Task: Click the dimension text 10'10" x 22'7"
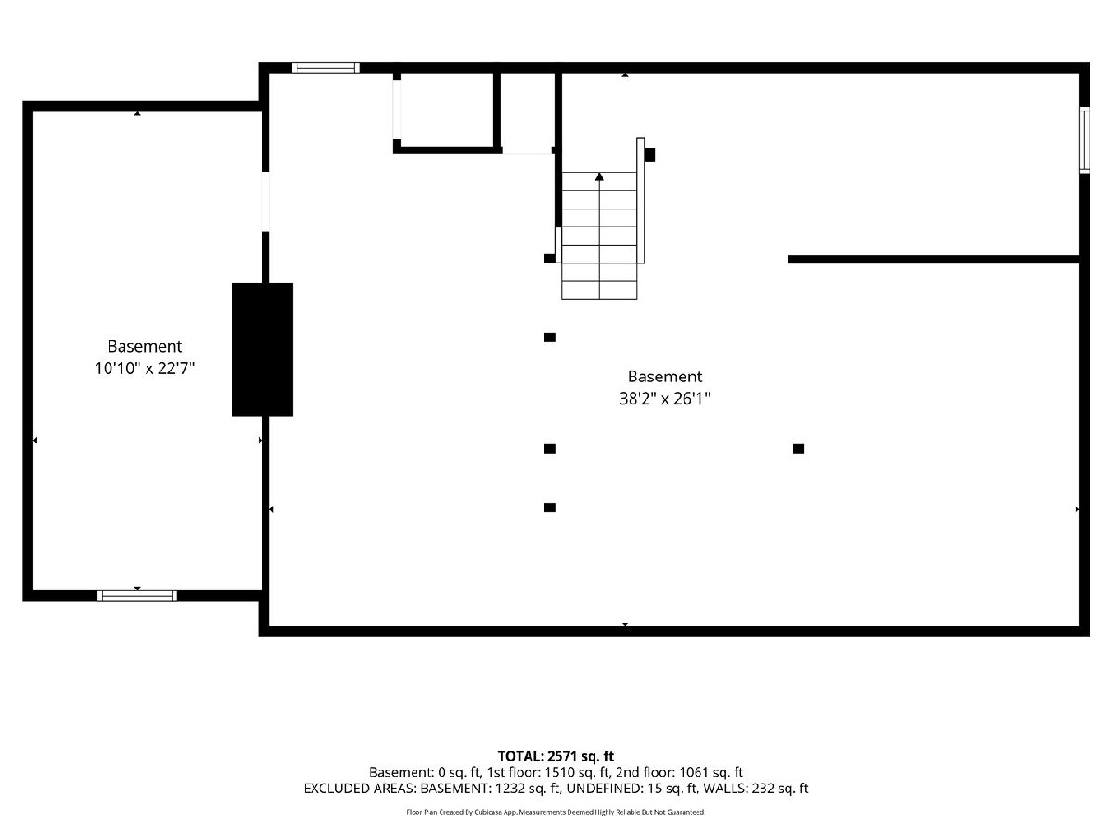(x=145, y=367)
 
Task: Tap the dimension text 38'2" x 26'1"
(x=664, y=398)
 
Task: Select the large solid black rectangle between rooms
(x=262, y=350)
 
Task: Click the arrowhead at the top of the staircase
(x=599, y=176)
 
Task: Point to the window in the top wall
(x=326, y=68)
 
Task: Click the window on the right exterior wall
(x=1083, y=140)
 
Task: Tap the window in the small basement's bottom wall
(x=137, y=596)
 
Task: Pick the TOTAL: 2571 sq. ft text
(x=556, y=756)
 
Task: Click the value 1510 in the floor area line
(x=559, y=772)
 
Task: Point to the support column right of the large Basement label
(x=799, y=449)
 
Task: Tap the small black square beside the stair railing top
(x=649, y=155)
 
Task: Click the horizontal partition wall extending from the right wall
(x=933, y=260)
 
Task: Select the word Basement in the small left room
(x=145, y=346)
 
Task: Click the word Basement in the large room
(x=665, y=377)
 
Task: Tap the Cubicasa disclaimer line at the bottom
(x=556, y=812)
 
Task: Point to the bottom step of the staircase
(x=599, y=290)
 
